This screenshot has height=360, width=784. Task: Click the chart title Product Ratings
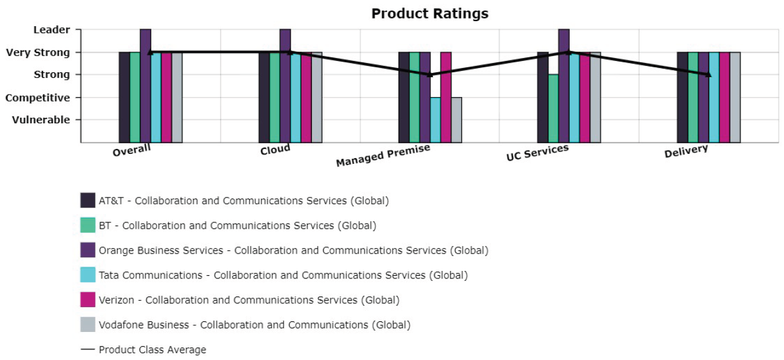point(430,14)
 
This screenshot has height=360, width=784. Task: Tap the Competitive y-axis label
point(38,98)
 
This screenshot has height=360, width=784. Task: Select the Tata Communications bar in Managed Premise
point(435,120)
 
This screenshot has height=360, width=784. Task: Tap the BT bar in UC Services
point(553,108)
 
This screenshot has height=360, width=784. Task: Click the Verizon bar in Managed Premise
point(446,97)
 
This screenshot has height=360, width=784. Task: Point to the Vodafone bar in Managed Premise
point(456,120)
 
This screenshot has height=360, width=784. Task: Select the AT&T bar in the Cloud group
point(264,97)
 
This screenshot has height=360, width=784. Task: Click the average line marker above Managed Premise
point(430,75)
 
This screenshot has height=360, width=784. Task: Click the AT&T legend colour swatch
point(88,201)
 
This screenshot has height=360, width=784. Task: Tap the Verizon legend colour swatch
point(88,300)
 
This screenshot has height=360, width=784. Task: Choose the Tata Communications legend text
point(283,275)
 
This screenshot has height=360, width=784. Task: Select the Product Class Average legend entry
point(143,350)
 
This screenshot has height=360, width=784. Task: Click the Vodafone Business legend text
point(255,325)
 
